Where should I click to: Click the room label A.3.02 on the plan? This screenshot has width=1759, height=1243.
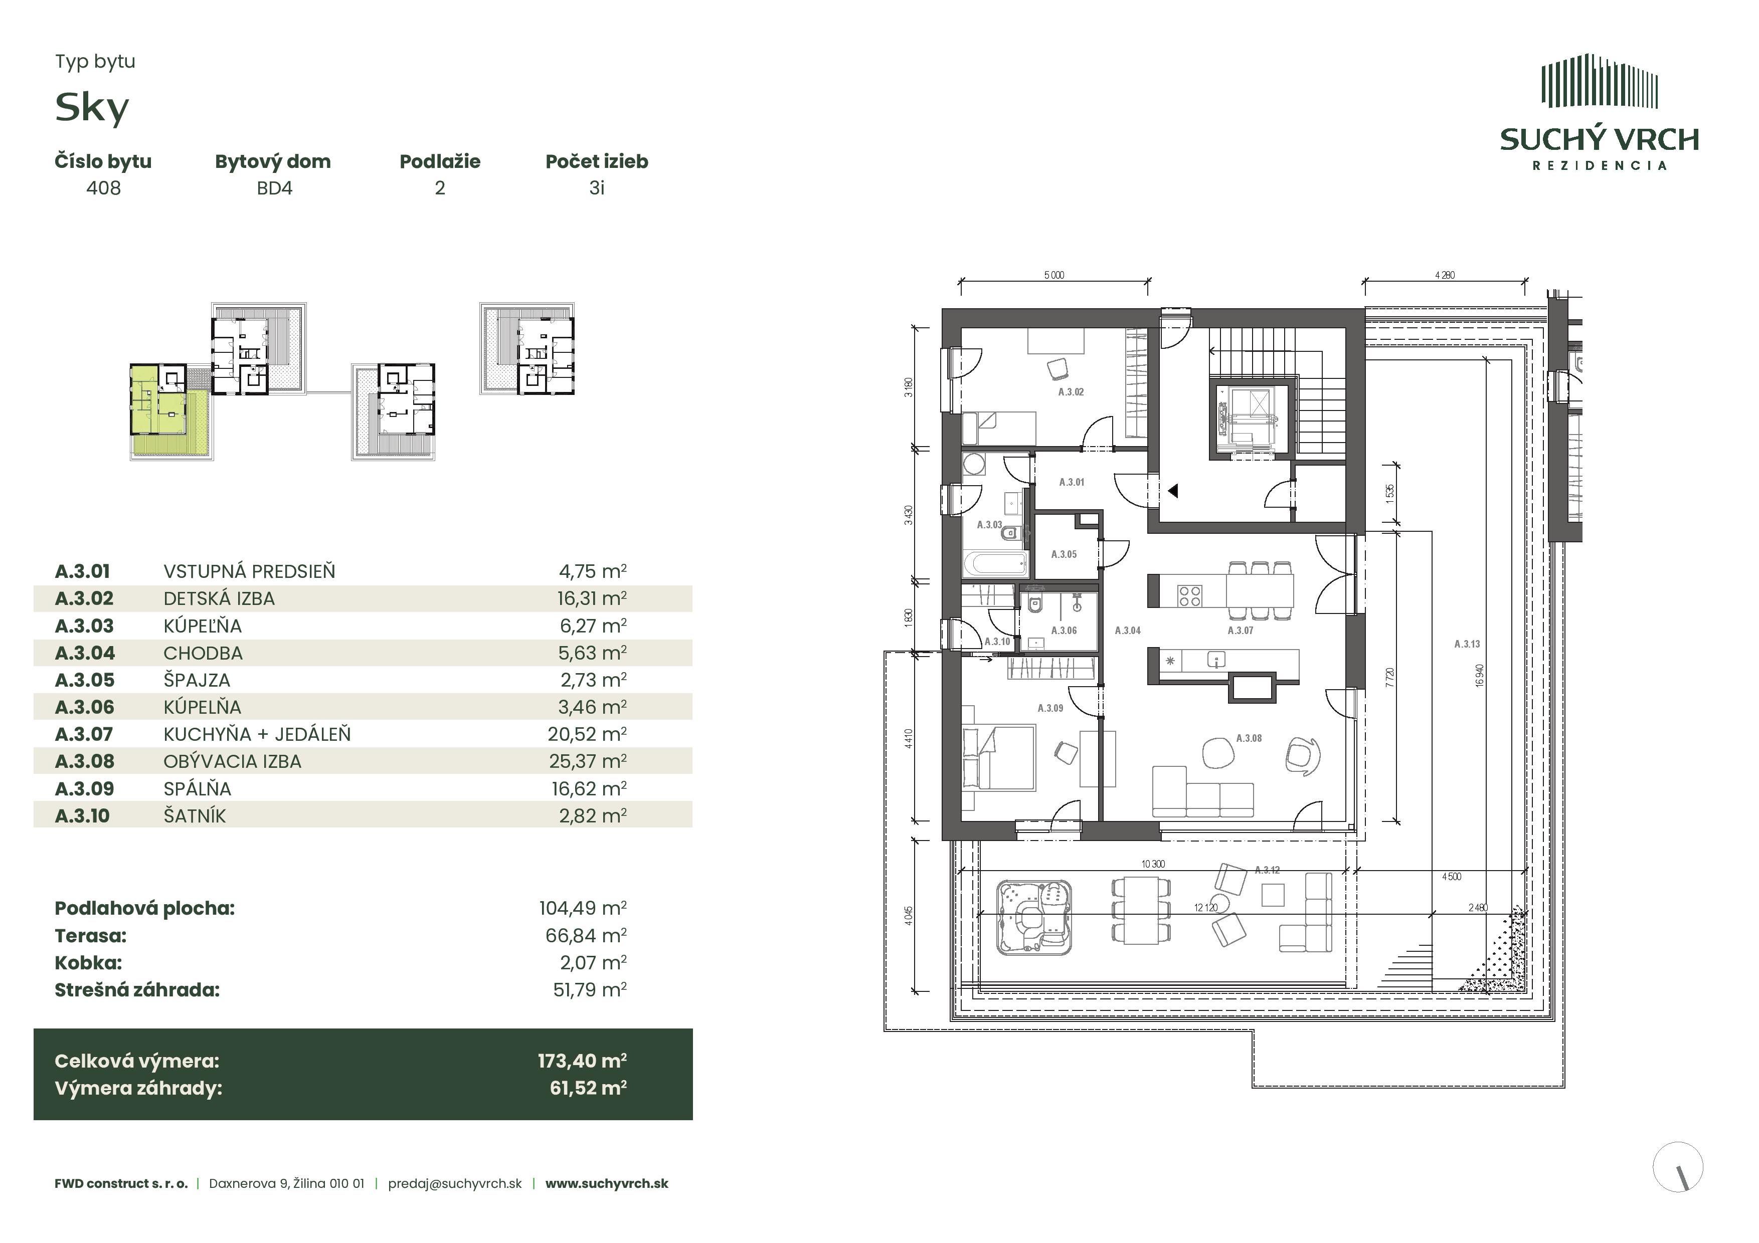pyautogui.click(x=1071, y=392)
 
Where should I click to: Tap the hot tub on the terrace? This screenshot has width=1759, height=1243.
pyautogui.click(x=1033, y=918)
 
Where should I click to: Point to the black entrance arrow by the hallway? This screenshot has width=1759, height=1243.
pyautogui.click(x=1172, y=491)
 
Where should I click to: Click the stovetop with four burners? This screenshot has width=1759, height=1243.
pyautogui.click(x=1190, y=596)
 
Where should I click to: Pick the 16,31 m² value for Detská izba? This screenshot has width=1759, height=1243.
pyautogui.click(x=592, y=598)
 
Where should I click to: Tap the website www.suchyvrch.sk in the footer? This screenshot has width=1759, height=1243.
pyautogui.click(x=607, y=1183)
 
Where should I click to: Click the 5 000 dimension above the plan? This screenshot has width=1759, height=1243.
pyautogui.click(x=1054, y=276)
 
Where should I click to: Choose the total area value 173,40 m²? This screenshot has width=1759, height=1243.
pyautogui.click(x=582, y=1061)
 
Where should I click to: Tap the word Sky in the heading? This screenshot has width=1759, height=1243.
pyautogui.click(x=92, y=107)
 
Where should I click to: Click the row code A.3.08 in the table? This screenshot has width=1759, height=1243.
pyautogui.click(x=84, y=761)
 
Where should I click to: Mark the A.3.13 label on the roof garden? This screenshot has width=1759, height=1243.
pyautogui.click(x=1467, y=644)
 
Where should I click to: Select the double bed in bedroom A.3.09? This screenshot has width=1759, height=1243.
pyautogui.click(x=999, y=758)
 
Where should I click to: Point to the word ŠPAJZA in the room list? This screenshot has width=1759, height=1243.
pyautogui.click(x=197, y=680)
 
